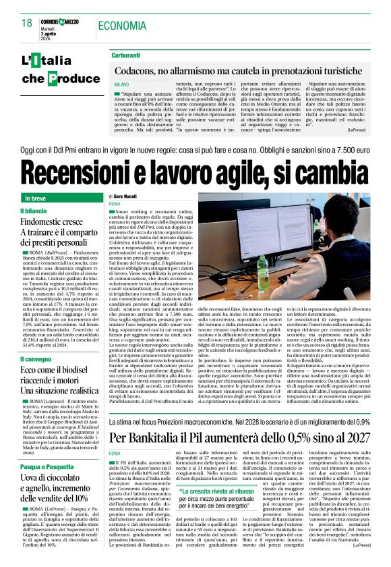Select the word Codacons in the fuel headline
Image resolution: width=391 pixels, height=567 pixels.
(139, 70)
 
